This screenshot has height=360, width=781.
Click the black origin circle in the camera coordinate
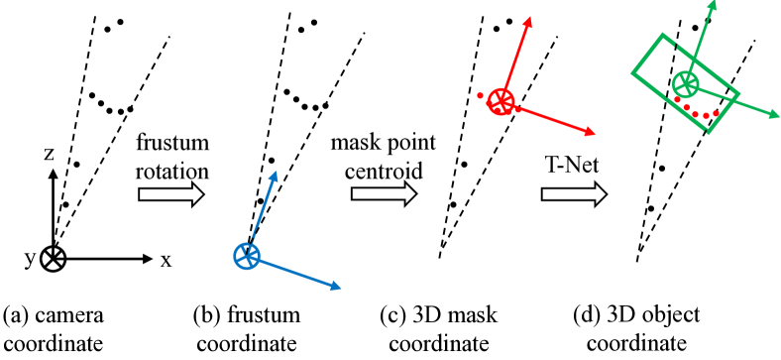(x=54, y=256)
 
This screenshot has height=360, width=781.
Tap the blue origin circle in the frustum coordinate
(x=246, y=256)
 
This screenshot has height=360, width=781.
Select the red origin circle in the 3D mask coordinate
(x=501, y=100)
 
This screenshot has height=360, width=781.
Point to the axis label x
(x=167, y=260)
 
